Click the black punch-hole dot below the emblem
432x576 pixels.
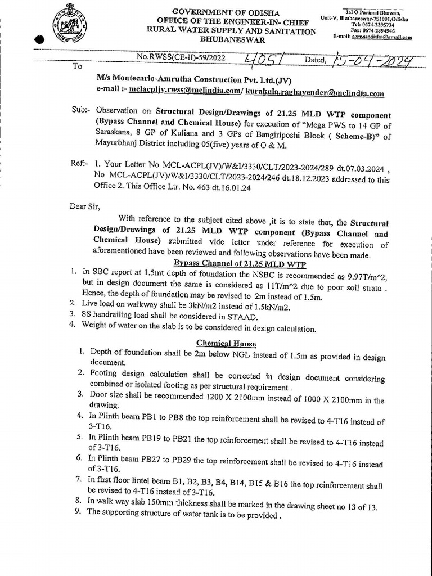tap(38, 40)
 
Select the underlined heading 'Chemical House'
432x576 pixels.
tap(226, 343)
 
